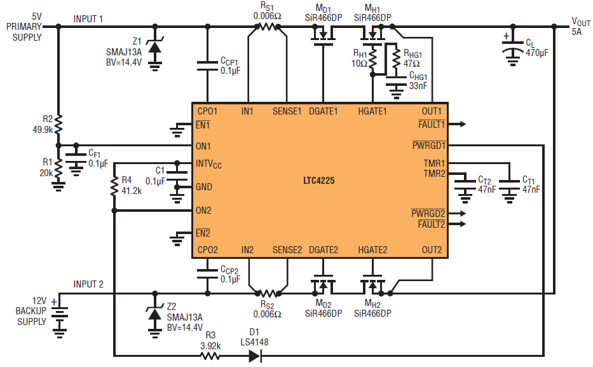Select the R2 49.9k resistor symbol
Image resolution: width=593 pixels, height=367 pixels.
click(x=58, y=123)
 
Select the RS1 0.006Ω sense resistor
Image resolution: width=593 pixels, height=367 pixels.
click(x=267, y=27)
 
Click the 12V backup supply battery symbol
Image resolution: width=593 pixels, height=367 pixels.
click(x=59, y=314)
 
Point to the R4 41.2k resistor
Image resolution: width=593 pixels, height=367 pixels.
click(x=114, y=186)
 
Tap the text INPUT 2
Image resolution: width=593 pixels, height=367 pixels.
click(x=88, y=284)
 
